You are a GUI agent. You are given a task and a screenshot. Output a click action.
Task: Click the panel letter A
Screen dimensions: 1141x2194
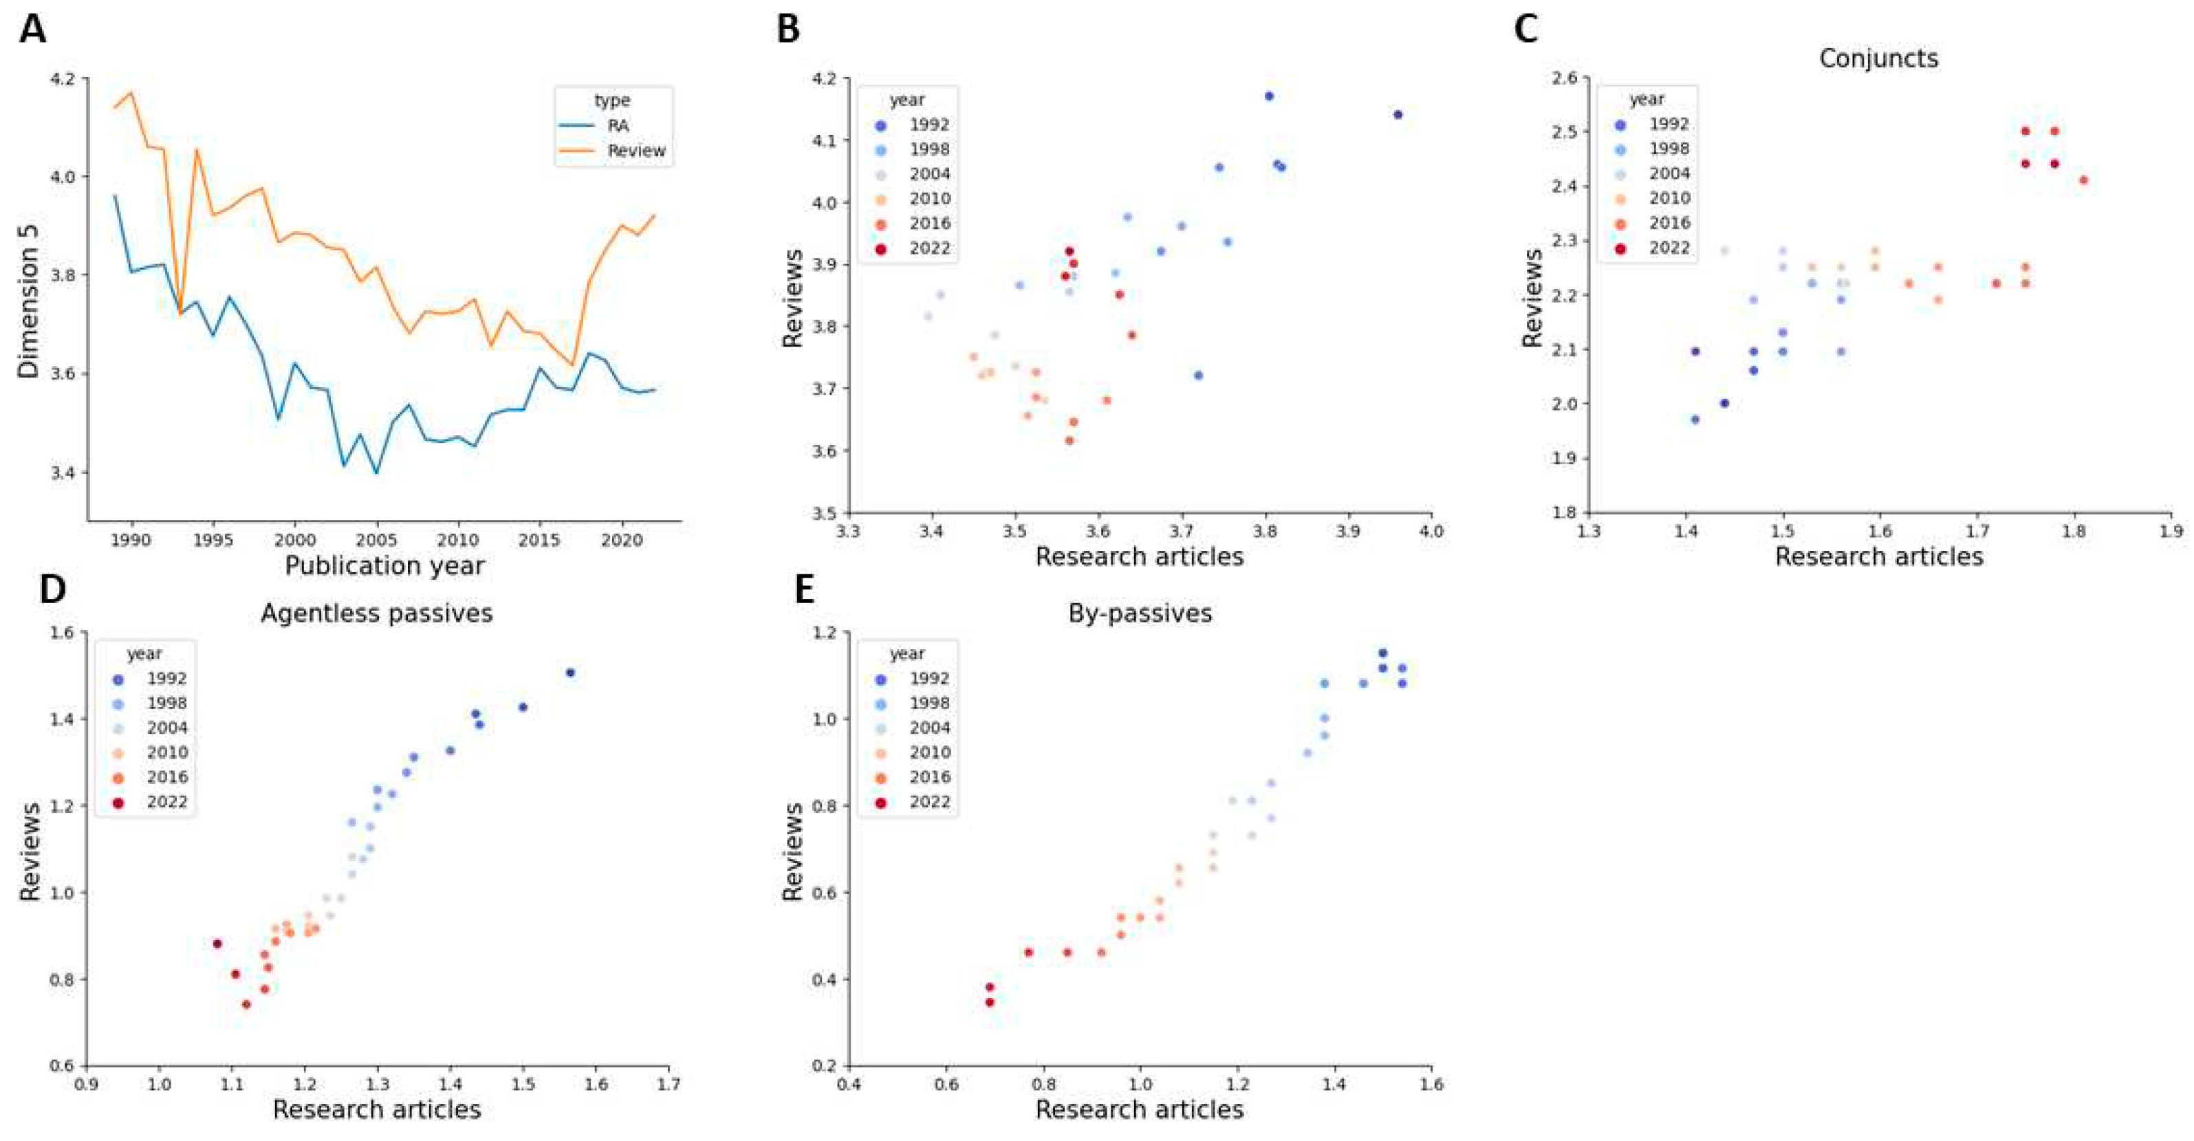coord(32,30)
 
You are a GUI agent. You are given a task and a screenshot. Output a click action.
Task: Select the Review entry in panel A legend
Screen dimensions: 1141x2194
coord(636,151)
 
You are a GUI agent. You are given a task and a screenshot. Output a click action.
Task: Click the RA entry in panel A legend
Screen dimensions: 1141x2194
coord(618,125)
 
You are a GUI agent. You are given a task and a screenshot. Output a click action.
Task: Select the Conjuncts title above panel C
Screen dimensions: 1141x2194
coord(1878,58)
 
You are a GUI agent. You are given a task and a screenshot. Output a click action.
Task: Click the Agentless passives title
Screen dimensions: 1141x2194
coord(376,613)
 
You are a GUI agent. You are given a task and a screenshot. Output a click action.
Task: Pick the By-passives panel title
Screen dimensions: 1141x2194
coord(1140,613)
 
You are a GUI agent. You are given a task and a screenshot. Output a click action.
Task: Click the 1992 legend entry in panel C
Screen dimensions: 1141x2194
coord(1669,124)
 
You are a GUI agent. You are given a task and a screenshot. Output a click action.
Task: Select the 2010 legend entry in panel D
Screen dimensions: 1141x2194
coord(166,752)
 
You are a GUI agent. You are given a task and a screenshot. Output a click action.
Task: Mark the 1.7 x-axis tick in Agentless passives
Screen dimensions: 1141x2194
coord(668,1085)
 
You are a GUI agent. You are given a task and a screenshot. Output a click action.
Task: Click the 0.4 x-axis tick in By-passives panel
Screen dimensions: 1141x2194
coord(848,1085)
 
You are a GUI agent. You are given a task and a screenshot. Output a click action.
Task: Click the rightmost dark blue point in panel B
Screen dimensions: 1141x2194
coord(1398,115)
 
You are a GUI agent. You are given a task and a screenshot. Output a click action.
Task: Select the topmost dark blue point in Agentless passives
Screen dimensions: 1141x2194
coord(569,673)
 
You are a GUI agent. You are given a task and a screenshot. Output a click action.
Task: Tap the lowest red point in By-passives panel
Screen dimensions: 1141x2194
coord(990,1002)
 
